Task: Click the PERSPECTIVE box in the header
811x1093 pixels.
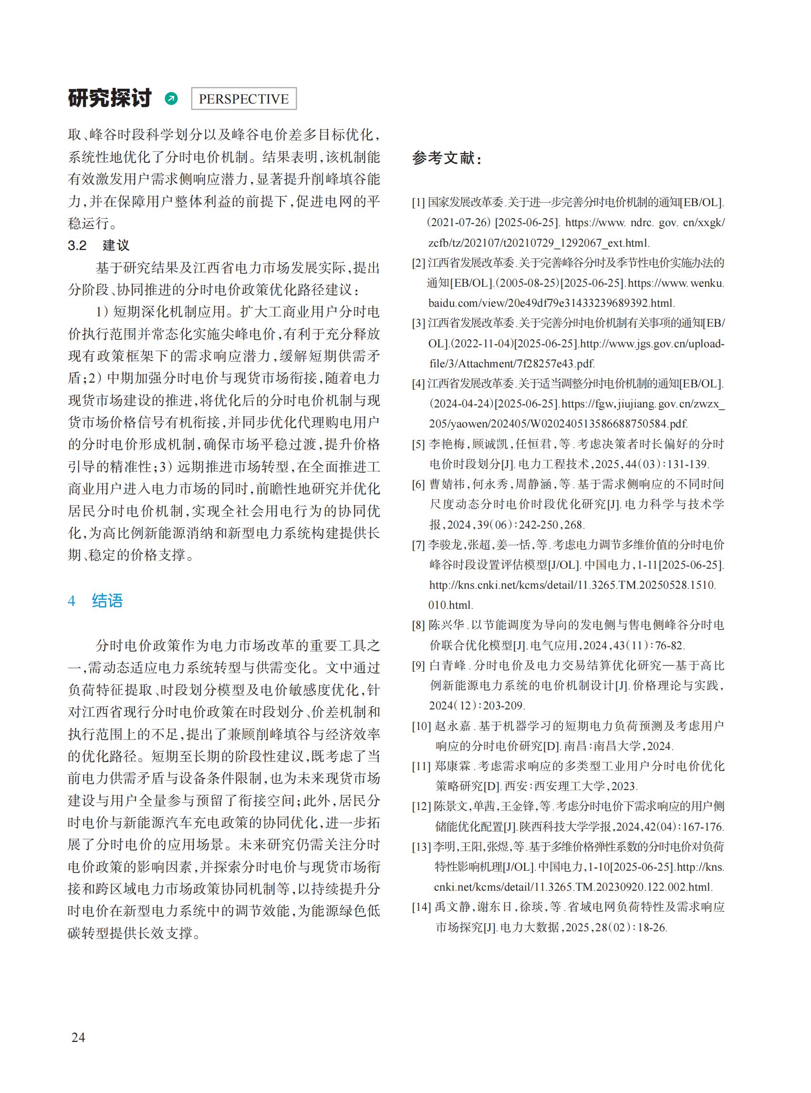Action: [x=243, y=99]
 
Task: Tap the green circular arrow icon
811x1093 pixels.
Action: [x=171, y=99]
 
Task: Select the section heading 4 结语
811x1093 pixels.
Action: [x=95, y=601]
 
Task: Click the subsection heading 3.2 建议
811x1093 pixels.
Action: [x=99, y=245]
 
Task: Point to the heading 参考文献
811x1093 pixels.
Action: [x=447, y=158]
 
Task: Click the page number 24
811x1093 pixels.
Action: [x=78, y=1037]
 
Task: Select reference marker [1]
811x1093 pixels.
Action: [x=418, y=202]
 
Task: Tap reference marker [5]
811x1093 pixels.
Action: [x=418, y=444]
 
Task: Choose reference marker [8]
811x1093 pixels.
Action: [x=418, y=625]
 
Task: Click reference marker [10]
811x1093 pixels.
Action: [x=421, y=726]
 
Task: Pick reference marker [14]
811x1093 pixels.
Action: [x=421, y=907]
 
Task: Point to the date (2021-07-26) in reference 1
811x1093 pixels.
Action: [x=458, y=222]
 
